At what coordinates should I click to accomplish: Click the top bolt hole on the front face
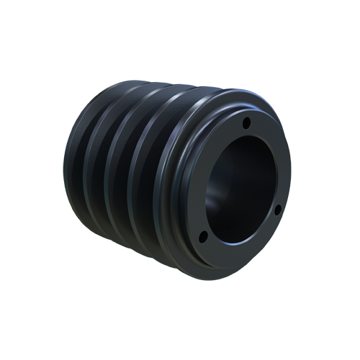coord(246,123)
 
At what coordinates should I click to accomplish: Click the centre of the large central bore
coord(241,189)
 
